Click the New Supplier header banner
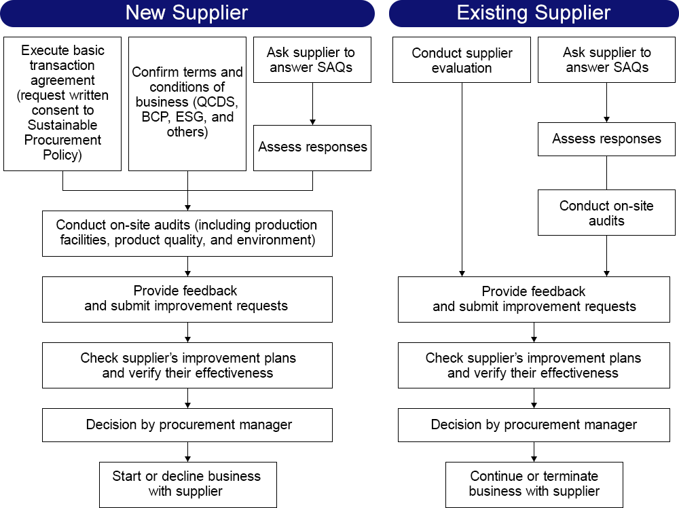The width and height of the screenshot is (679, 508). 187,13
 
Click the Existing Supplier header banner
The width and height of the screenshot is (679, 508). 533,13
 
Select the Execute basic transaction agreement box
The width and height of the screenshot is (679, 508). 62,103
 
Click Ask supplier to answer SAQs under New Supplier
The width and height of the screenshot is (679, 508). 312,60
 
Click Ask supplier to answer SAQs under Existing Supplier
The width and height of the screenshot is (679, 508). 606,60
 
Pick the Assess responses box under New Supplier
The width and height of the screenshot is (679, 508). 312,147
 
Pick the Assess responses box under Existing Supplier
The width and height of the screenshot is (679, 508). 606,139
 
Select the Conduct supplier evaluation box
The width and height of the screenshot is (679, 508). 462,60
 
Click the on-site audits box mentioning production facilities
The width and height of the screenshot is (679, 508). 187,232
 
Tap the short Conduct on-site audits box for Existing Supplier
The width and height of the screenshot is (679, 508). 606,213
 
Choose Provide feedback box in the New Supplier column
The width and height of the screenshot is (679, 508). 187,299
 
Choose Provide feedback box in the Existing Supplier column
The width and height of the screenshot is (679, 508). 534,299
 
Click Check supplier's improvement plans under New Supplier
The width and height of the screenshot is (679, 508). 187,365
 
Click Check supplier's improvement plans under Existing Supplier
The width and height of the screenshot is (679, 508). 534,365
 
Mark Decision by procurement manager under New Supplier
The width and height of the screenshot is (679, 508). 187,425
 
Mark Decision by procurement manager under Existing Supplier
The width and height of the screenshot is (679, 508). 534,425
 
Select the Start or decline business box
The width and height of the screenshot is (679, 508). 187,484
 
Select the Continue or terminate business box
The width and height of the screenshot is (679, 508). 534,484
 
